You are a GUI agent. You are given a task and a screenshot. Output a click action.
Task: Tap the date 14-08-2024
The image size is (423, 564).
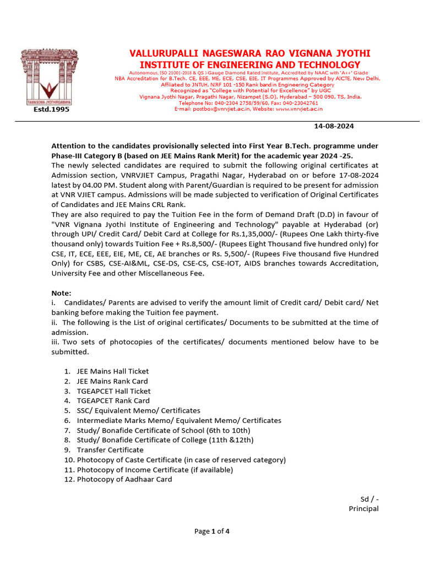pyautogui.click(x=334, y=126)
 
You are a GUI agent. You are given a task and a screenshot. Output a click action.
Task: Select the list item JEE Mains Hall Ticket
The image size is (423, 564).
pyautogui.click(x=113, y=371)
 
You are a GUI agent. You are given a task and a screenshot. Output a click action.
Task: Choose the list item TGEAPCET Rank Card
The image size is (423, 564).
pyautogui.click(x=113, y=400)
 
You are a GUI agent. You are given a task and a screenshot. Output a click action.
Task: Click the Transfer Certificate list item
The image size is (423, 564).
pyautogui.click(x=110, y=449)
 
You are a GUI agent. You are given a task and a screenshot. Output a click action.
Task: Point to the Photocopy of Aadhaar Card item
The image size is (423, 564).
pyautogui.click(x=124, y=479)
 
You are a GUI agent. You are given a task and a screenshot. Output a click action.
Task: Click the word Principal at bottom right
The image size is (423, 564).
pyautogui.click(x=364, y=508)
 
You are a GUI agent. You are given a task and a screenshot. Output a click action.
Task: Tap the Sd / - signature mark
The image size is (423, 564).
pyautogui.click(x=370, y=499)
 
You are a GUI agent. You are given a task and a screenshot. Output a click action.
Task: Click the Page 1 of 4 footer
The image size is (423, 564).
pyautogui.click(x=211, y=532)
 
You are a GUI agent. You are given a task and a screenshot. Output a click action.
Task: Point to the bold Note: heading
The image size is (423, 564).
pyautogui.click(x=61, y=293)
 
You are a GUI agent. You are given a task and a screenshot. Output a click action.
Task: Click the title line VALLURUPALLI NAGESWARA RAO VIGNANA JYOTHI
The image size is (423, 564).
pyautogui.click(x=250, y=53)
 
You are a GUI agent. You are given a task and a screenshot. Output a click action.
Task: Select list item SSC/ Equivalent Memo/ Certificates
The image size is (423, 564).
pyautogui.click(x=138, y=410)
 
